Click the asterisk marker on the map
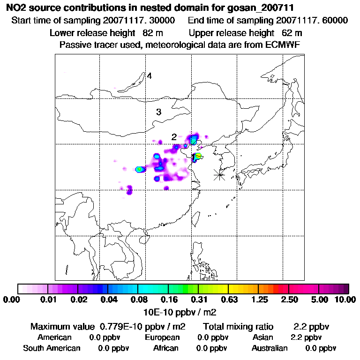point(219,175)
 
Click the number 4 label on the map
point(149,76)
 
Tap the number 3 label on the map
point(158,112)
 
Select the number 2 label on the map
point(173,137)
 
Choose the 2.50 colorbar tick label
point(289,300)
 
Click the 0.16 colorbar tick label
point(167,300)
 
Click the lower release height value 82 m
point(150,33)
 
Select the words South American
point(52,348)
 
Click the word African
point(166,348)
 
